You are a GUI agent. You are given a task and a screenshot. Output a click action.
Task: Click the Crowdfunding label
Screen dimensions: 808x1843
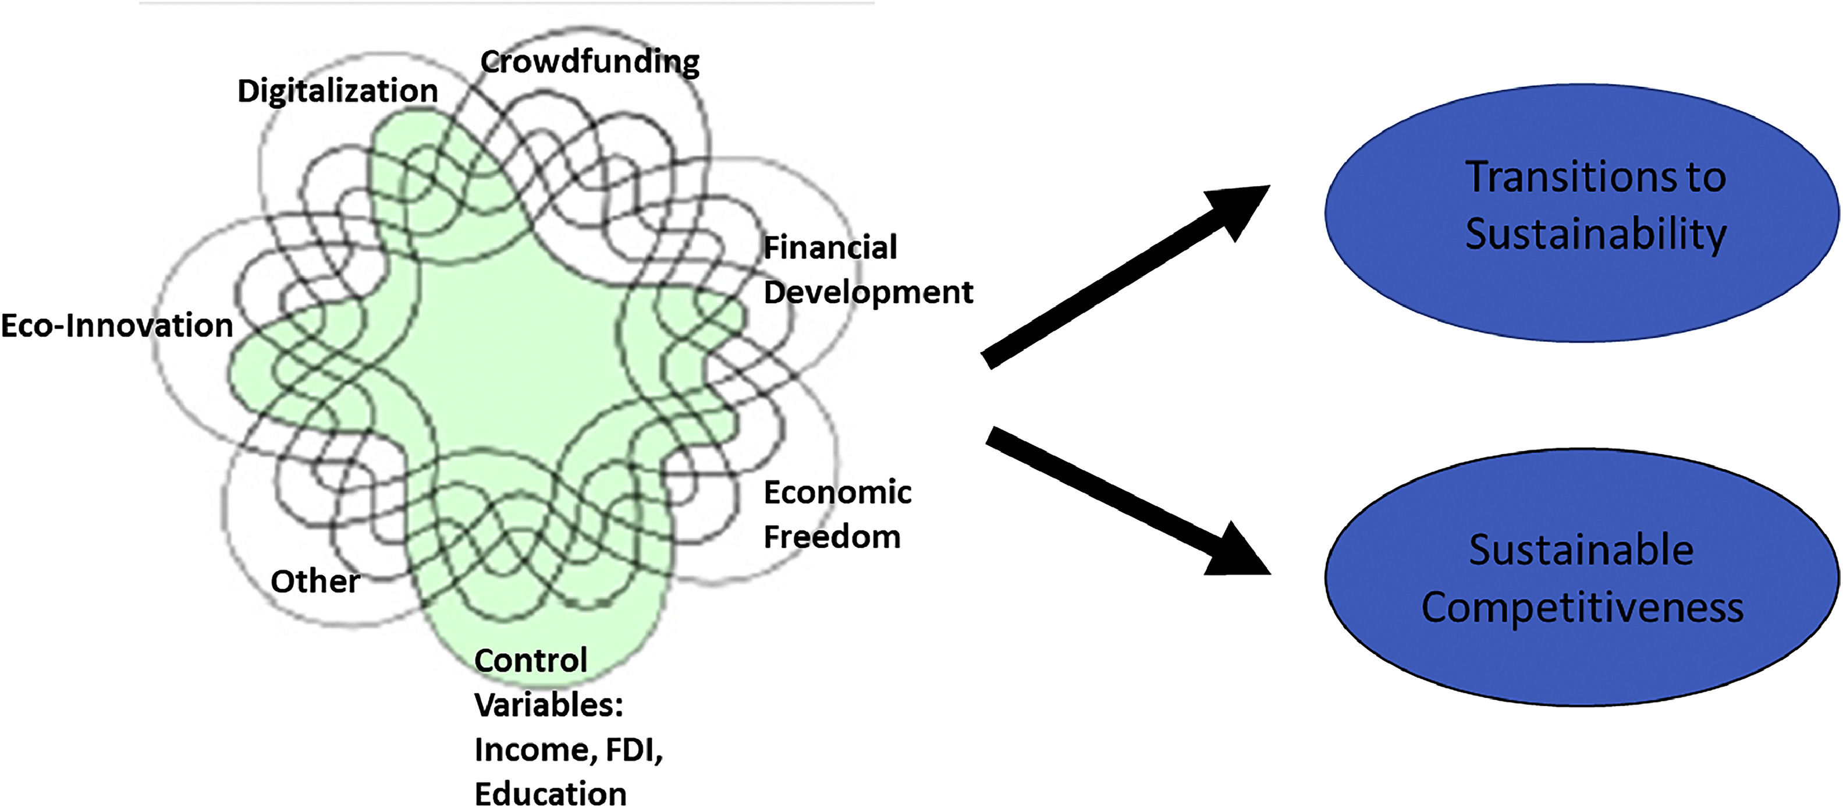(590, 62)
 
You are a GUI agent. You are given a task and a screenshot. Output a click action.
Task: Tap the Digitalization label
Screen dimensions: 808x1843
(337, 91)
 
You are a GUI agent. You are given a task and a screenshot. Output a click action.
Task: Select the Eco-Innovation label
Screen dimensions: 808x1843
(116, 325)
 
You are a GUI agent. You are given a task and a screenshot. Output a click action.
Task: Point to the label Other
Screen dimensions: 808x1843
(315, 581)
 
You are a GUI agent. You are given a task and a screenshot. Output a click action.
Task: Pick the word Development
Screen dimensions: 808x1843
(868, 293)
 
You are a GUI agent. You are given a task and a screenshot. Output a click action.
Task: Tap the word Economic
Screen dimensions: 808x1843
(837, 492)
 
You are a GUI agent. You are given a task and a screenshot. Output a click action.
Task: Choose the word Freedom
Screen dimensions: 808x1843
(832, 537)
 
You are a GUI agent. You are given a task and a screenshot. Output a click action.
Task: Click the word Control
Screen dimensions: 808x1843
(530, 661)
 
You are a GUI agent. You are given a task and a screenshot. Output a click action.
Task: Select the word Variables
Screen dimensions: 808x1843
(548, 706)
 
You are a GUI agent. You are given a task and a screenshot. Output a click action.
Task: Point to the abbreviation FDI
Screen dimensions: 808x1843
(633, 750)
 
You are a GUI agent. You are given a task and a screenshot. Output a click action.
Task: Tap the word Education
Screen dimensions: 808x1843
(550, 793)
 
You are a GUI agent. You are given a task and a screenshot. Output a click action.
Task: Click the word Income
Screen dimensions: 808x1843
(531, 750)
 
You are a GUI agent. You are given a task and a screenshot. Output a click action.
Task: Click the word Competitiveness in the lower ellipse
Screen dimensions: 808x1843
(1582, 608)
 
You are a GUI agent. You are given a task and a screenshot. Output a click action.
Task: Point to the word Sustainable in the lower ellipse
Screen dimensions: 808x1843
(1581, 550)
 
